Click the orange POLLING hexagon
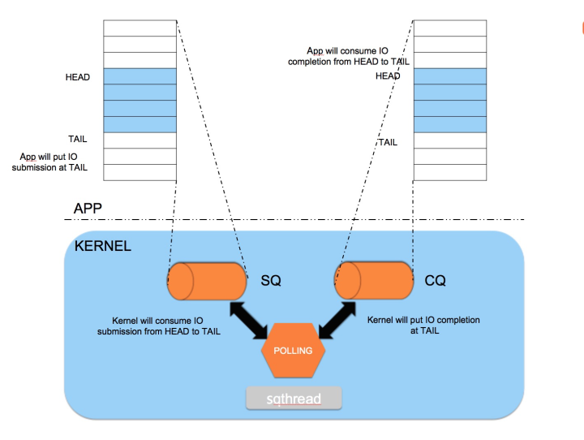[293, 351]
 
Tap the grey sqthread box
[294, 399]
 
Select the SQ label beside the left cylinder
[271, 280]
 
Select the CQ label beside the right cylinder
[436, 280]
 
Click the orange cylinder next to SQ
[207, 281]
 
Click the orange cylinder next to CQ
[372, 281]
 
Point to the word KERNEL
[102, 246]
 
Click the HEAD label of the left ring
[78, 77]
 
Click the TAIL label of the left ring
[78, 139]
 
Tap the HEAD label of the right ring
[388, 75]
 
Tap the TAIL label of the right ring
[388, 141]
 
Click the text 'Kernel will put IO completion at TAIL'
[423, 326]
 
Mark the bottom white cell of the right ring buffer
[449, 172]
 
